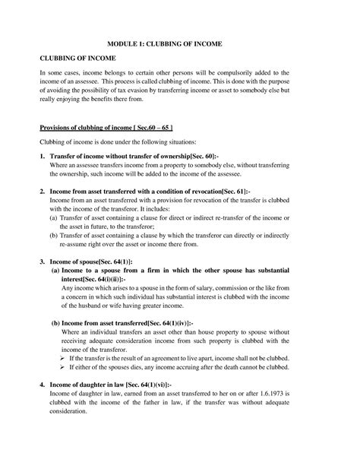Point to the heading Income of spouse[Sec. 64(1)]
[x=81, y=260]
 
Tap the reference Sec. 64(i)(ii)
[x=120, y=279]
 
